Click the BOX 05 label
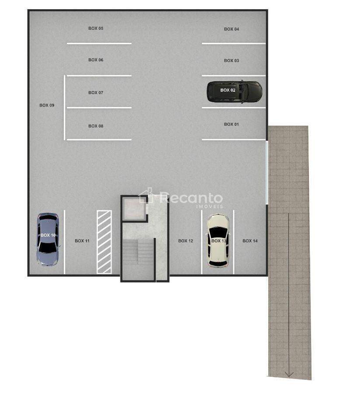(96, 28)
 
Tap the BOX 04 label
(232, 29)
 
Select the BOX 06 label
(96, 60)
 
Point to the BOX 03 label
(232, 61)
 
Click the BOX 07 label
(96, 93)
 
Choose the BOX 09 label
(47, 105)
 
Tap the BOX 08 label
(96, 126)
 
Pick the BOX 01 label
(232, 124)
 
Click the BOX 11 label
(82, 241)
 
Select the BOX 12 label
(186, 241)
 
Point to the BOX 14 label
(250, 241)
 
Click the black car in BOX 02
(235, 92)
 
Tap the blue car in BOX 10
(48, 239)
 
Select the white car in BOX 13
(218, 241)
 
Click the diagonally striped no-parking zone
(104, 242)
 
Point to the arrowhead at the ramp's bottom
(289, 374)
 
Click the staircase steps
(138, 252)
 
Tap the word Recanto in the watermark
(191, 198)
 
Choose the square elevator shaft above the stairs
(134, 209)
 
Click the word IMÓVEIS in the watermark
(210, 207)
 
